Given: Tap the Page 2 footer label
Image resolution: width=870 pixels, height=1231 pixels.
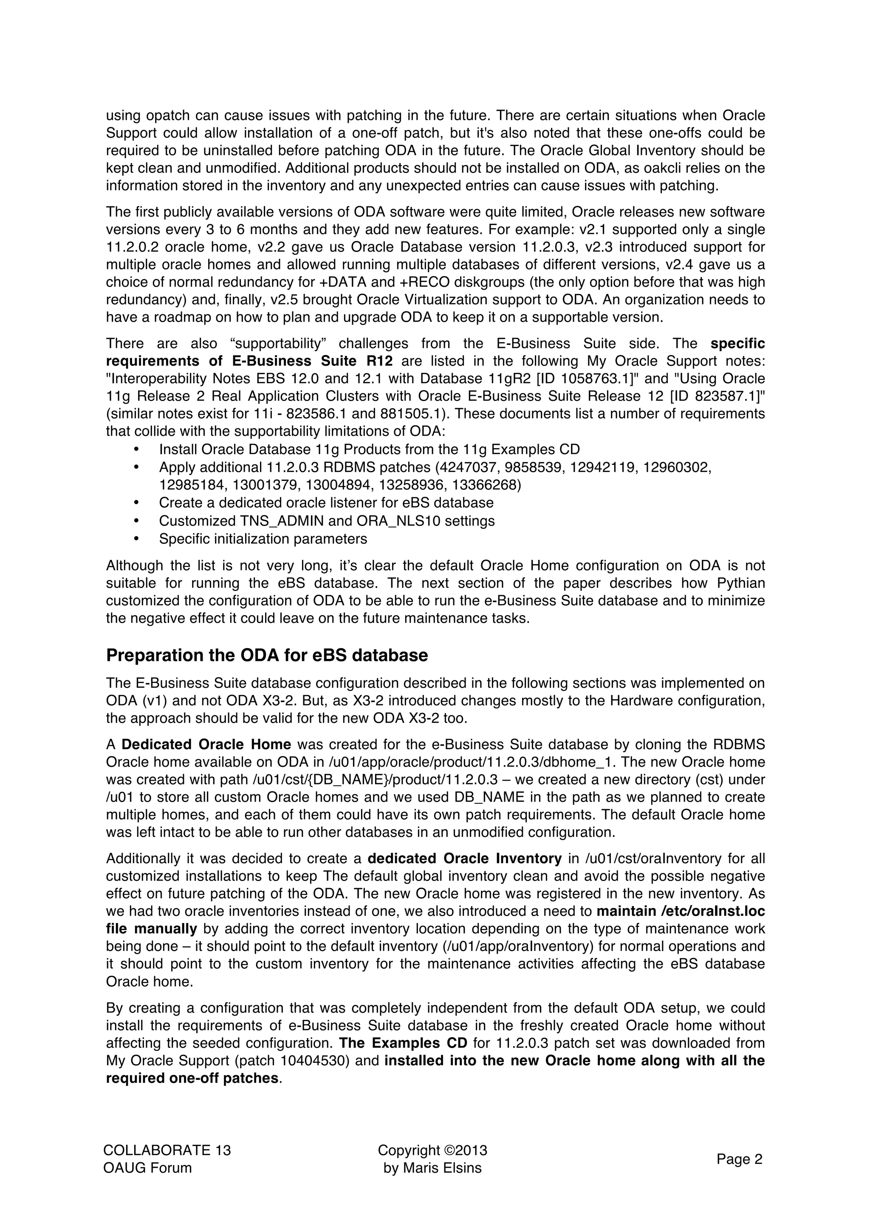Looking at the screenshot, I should pyautogui.click(x=739, y=1160).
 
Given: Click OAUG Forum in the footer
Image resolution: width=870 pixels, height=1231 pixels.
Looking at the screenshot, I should pyautogui.click(x=147, y=1168).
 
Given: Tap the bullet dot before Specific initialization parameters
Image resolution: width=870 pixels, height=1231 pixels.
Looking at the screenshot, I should pyautogui.click(x=136, y=538).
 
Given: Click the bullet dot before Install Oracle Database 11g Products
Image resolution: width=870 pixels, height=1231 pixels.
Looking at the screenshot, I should pyautogui.click(x=136, y=449).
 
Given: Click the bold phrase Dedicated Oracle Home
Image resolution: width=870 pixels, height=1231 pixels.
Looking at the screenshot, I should pyautogui.click(x=206, y=745).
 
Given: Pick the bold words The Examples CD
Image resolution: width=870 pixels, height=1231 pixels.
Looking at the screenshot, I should pyautogui.click(x=404, y=1043).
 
